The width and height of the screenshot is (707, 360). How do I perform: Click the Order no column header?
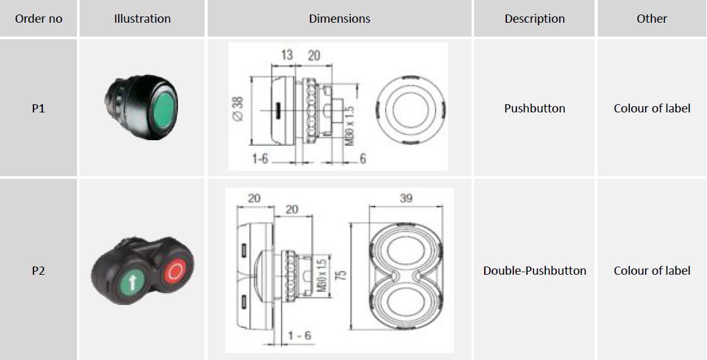click(39, 19)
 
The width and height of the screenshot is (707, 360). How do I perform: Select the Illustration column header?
click(143, 19)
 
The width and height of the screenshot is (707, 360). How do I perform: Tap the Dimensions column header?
click(340, 19)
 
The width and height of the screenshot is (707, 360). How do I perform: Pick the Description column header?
click(535, 19)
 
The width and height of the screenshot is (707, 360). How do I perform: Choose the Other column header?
click(652, 19)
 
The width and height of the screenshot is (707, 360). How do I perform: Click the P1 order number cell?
click(39, 109)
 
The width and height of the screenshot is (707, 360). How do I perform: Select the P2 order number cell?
click(39, 271)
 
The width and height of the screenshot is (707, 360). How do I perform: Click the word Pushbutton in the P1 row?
click(535, 109)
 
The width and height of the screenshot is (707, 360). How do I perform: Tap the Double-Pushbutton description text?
click(535, 271)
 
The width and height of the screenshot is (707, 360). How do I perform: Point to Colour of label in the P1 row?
click(652, 109)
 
